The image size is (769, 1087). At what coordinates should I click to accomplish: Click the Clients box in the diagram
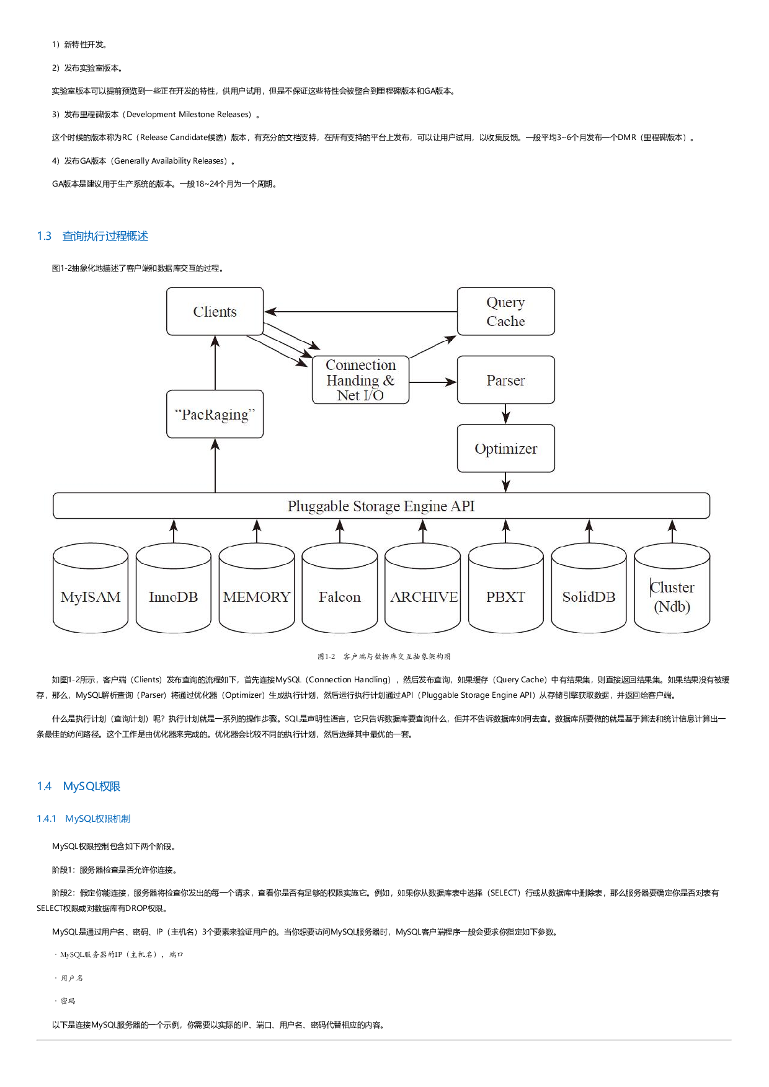tap(215, 311)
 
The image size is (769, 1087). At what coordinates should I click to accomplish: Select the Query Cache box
tap(505, 311)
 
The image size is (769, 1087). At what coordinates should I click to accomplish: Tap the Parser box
tap(505, 380)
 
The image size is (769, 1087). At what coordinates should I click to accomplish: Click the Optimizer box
tap(505, 448)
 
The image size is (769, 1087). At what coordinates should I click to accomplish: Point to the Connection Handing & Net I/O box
tap(360, 380)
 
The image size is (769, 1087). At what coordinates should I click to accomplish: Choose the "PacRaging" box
tap(215, 414)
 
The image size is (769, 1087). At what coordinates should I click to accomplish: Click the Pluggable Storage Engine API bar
tap(381, 506)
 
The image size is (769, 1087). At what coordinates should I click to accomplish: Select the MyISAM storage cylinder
tap(91, 592)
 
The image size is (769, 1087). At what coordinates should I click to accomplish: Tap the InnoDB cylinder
tap(173, 592)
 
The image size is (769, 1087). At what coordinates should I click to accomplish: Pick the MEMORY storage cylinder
tap(256, 592)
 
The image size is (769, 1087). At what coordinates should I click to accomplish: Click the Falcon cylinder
tap(339, 592)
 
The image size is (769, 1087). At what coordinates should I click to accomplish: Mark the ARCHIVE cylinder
tap(423, 592)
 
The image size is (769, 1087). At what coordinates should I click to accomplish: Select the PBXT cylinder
tap(505, 592)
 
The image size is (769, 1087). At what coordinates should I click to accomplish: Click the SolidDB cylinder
tap(589, 592)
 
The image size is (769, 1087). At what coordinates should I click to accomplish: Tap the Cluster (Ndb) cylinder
tap(672, 592)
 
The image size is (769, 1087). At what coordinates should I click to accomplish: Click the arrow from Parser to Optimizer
tap(506, 413)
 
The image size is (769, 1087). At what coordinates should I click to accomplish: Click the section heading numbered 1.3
tap(92, 236)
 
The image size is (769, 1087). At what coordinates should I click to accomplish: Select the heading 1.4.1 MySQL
tap(84, 819)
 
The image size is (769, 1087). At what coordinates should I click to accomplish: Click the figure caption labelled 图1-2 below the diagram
tap(384, 656)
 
